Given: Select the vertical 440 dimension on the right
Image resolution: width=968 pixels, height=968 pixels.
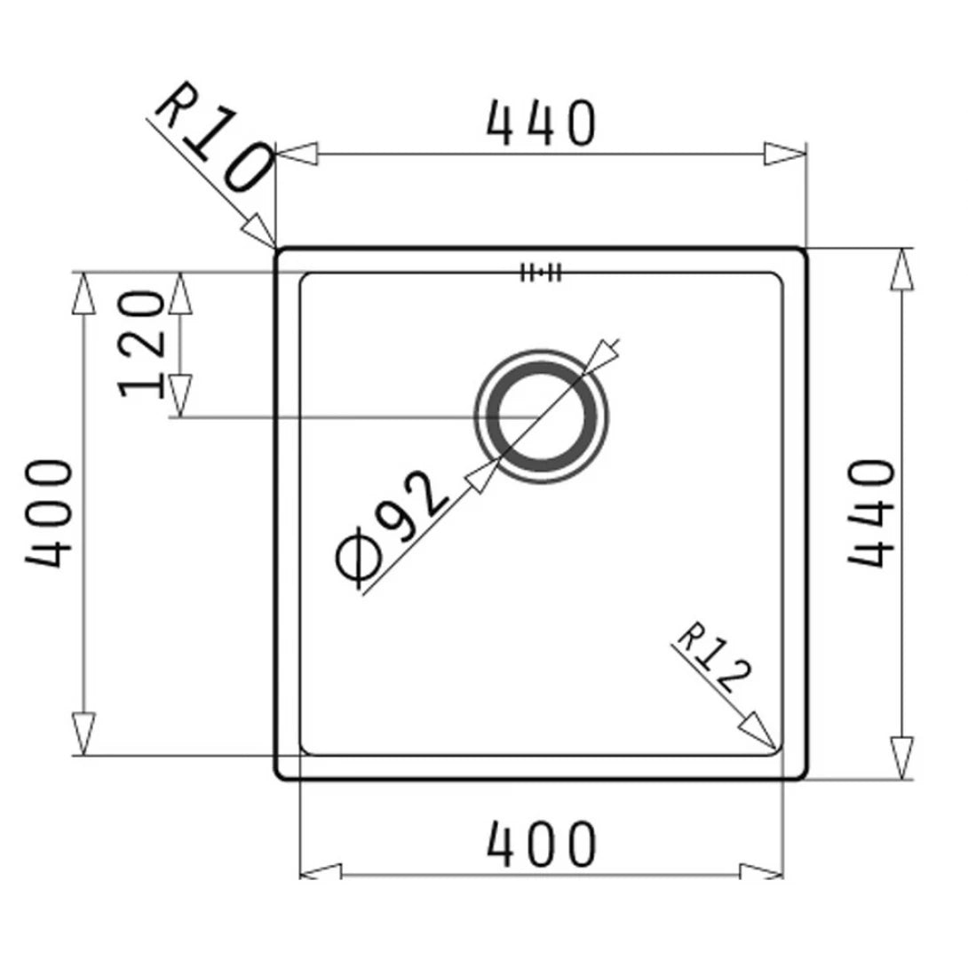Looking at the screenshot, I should (x=869, y=512).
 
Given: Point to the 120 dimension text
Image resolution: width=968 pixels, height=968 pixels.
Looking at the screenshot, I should (x=141, y=344).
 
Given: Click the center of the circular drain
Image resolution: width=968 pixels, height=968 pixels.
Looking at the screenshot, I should (x=542, y=416).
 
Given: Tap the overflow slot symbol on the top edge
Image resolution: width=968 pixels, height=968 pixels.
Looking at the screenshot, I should (x=541, y=273).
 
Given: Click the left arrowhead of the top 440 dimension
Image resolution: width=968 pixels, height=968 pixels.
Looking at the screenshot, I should (x=297, y=154).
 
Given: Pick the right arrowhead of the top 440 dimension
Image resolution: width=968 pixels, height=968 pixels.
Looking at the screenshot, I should (x=785, y=154).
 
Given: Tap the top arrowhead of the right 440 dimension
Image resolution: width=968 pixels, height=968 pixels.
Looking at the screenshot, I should (x=902, y=269).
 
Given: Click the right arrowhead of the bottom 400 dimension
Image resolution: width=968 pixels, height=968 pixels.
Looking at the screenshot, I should (x=762, y=873).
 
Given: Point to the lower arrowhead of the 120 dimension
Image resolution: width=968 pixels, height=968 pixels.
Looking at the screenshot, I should (x=180, y=395).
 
